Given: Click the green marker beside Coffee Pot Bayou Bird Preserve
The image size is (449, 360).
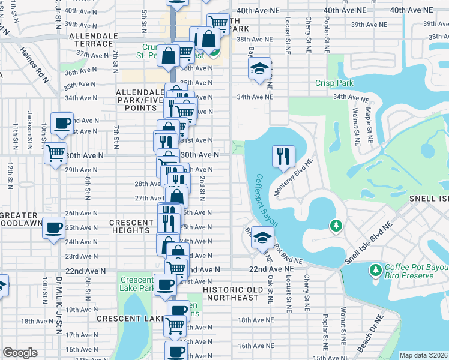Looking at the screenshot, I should tap(376, 271).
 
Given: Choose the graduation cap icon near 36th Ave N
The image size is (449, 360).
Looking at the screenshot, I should tap(259, 69).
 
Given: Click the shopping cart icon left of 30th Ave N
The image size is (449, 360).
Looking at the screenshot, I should tap(55, 154).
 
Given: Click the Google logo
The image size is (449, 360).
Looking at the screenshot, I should tap(20, 353).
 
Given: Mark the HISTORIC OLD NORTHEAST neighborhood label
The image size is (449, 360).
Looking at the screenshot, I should tap(231, 294).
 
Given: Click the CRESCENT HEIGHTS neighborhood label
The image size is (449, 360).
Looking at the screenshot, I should tap(131, 227).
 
